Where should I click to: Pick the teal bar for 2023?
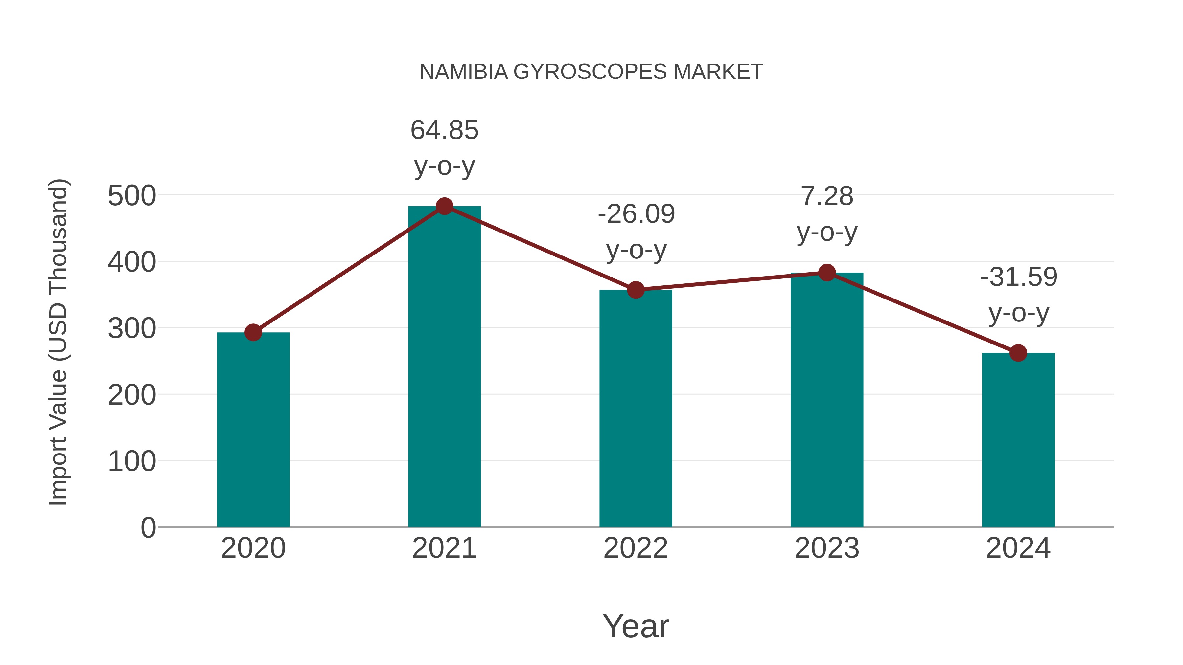pos(827,399)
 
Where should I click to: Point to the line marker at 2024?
pos(1018,353)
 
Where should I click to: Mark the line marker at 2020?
pos(253,332)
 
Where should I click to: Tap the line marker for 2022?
pos(636,290)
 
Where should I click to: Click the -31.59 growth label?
pos(1019,277)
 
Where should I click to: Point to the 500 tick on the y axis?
pos(132,196)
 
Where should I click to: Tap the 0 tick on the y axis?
pos(148,528)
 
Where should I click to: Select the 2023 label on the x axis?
pos(827,548)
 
